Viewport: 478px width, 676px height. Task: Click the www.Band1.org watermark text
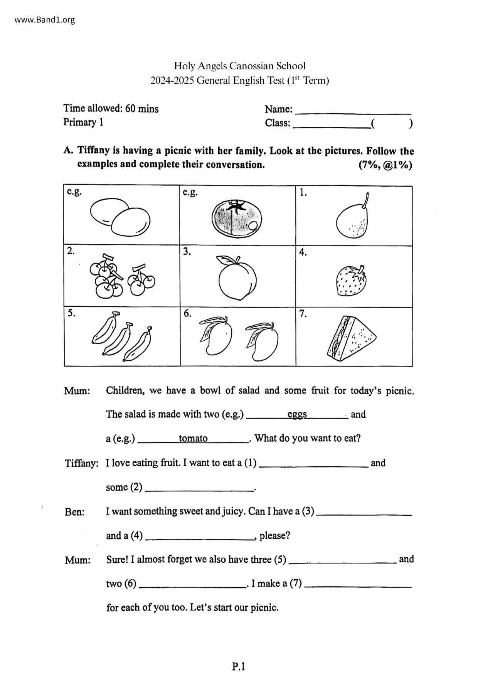pos(45,20)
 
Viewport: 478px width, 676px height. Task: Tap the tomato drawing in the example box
pos(237,218)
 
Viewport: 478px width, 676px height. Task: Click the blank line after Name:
pos(353,113)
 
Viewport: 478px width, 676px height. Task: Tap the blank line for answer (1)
pos(314,466)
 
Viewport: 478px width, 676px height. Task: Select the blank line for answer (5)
pos(342,563)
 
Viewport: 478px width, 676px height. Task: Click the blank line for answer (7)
pos(358,587)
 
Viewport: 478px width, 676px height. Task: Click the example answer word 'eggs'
pos(297,414)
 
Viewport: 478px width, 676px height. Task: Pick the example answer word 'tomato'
pos(193,439)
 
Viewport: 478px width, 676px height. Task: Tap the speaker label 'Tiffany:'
pos(82,463)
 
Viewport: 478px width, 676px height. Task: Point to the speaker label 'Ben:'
pos(75,512)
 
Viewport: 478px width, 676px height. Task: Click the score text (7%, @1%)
pos(385,165)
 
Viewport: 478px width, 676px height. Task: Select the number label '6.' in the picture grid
pos(187,313)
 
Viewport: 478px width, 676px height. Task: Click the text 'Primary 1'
pos(83,123)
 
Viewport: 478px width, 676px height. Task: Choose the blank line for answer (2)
pos(199,491)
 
